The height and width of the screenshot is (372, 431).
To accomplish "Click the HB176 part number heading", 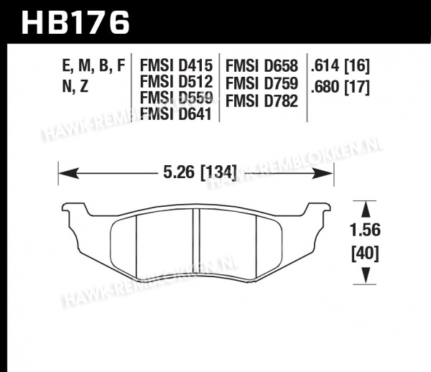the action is (75, 22).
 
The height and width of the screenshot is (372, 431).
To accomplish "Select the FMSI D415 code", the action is (176, 65).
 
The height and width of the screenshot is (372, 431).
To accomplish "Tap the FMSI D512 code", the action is (176, 82).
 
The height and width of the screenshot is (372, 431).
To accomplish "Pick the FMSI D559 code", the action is (176, 98).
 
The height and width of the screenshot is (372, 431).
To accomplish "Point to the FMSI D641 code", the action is (176, 113).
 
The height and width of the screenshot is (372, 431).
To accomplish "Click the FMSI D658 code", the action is (261, 66).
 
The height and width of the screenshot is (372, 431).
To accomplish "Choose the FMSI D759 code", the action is (261, 83).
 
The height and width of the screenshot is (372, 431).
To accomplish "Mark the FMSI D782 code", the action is (261, 101).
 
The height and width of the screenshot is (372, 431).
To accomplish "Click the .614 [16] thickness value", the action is (340, 66).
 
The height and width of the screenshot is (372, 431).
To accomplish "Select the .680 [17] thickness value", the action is (340, 87).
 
